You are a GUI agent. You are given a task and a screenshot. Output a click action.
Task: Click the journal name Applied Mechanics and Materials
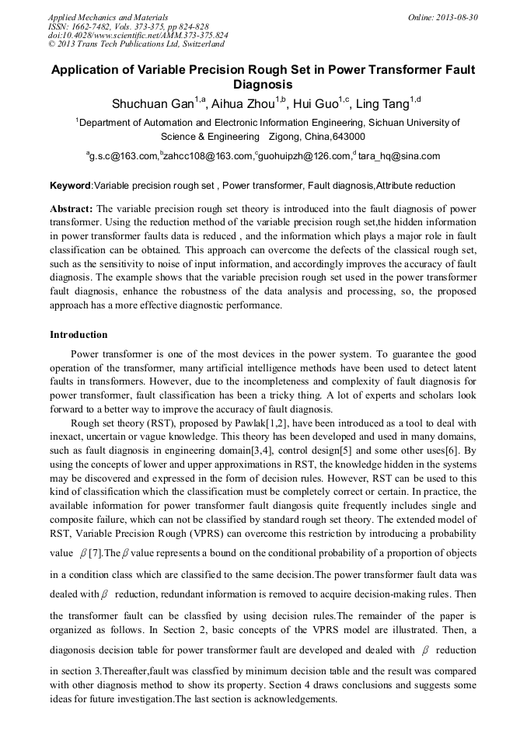(108, 16)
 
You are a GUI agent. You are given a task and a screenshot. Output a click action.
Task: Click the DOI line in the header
(138, 35)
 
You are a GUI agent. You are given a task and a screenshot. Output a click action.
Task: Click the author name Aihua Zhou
(243, 103)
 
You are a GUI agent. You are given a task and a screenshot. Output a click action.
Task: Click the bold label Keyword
(71, 186)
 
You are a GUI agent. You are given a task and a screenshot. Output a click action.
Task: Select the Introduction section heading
(79, 335)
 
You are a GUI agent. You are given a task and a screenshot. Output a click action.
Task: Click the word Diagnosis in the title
(263, 84)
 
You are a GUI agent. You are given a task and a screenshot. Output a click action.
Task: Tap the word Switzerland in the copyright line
(200, 44)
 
